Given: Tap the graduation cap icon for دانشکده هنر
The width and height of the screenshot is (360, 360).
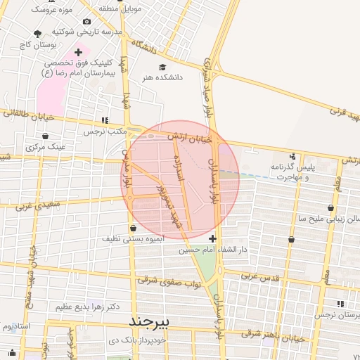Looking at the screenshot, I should click(162, 67).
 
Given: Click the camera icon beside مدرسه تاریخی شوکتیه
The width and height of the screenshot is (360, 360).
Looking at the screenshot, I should click(86, 22).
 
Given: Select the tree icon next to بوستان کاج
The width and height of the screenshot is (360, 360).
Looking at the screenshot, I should click(37, 34).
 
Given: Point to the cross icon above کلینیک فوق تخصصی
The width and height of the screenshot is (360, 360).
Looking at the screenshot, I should click(78, 52).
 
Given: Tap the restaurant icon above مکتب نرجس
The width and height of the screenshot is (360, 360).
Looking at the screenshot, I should click(105, 120).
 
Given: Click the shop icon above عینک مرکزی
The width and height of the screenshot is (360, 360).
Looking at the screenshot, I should click(46, 136).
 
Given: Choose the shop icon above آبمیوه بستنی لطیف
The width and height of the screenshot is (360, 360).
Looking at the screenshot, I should click(133, 228).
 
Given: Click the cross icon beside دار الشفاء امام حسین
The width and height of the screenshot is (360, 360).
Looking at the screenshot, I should click(213, 239).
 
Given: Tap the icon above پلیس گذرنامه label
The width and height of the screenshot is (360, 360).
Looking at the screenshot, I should click(292, 156).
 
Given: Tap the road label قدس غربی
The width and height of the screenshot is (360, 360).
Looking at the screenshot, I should click(260, 276).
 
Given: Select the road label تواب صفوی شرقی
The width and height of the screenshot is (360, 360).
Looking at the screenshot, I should click(169, 281).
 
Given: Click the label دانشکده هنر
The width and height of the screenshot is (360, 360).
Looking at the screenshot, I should click(162, 77).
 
